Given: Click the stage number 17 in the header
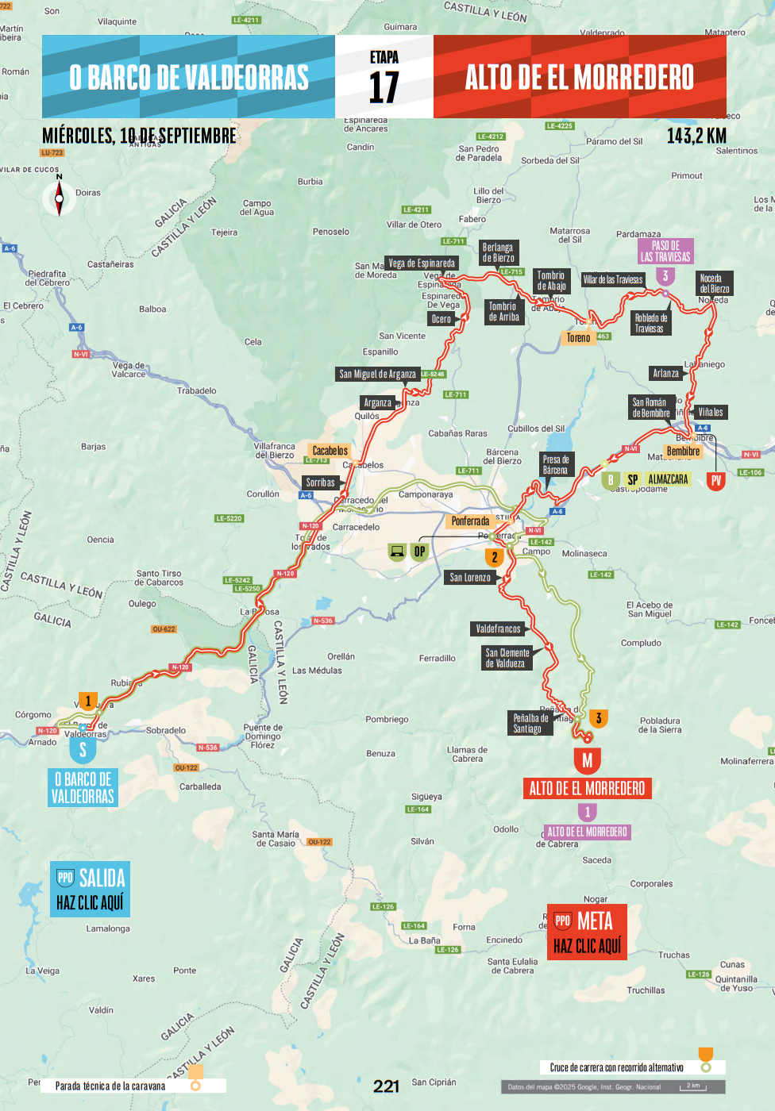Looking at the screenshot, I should click(384, 86).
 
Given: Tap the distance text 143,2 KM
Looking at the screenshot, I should click(696, 136).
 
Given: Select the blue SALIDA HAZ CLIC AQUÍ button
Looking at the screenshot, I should click(90, 890).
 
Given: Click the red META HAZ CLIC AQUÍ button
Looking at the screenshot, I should click(587, 932).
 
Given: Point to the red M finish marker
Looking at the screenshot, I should click(587, 760).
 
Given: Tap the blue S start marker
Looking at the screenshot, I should click(83, 749).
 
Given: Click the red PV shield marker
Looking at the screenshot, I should click(716, 480).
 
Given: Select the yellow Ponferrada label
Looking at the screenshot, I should click(470, 521).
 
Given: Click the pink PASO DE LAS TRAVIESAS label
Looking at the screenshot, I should click(665, 252).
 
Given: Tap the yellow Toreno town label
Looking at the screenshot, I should click(578, 338).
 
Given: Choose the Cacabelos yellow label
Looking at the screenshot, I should click(330, 451).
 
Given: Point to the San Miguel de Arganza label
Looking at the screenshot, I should click(377, 375).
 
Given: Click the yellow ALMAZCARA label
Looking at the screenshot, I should click(668, 479).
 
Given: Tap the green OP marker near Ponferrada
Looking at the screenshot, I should click(419, 552).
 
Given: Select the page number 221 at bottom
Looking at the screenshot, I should click(387, 1086).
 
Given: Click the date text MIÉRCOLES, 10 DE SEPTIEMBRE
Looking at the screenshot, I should click(139, 136).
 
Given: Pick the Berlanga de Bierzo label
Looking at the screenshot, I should click(498, 252).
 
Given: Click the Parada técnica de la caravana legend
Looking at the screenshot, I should click(110, 1086).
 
